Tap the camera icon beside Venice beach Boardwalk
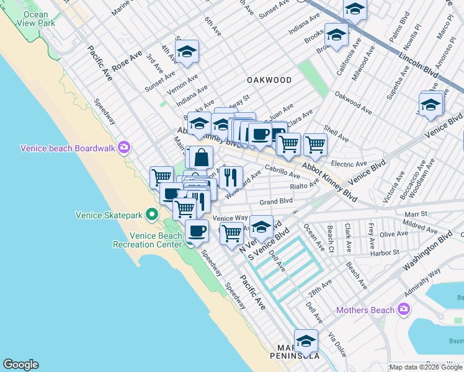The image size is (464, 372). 125,148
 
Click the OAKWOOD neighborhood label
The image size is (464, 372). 269,80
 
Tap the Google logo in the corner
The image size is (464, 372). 20,365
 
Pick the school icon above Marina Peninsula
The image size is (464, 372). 306,342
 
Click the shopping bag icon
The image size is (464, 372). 201,157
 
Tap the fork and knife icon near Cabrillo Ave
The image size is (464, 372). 231,177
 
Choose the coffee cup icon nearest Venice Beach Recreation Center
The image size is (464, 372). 197,231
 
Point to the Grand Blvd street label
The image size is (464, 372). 276,201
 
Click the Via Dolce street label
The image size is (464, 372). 338,343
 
